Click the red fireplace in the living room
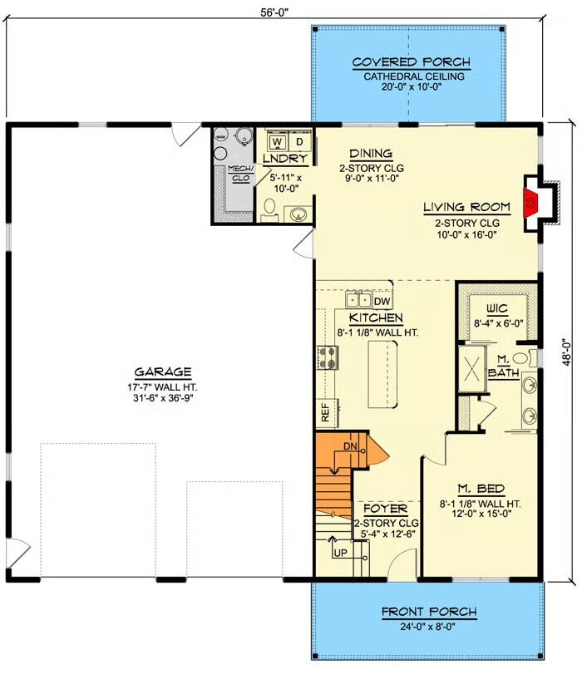(530, 202)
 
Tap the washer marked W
(278, 141)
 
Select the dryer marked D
(299, 141)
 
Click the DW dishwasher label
(382, 302)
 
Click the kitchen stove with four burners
(328, 357)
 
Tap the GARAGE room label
(163, 372)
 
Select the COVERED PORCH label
(412, 62)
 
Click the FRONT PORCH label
(429, 612)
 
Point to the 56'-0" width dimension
(274, 12)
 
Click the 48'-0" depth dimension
(567, 352)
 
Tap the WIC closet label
(497, 308)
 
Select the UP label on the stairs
(340, 553)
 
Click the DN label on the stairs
(350, 446)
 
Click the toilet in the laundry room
(269, 209)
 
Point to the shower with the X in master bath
(471, 369)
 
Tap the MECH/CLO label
(240, 173)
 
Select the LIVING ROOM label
(466, 207)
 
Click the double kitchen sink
(358, 300)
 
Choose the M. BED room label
(481, 489)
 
